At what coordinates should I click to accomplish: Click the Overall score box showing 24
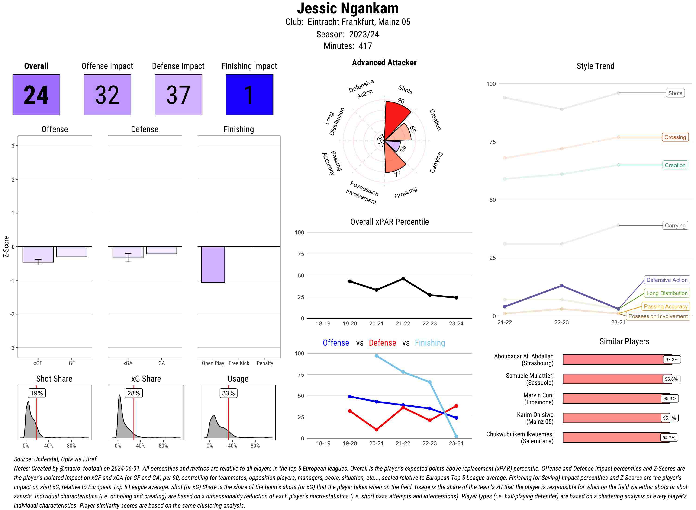coord(36,95)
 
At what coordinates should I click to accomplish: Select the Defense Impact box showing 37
coord(178,95)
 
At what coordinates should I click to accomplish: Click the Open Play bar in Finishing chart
coord(213,264)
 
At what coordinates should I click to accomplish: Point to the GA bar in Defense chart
coord(161,250)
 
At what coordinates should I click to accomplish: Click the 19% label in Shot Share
coord(37,393)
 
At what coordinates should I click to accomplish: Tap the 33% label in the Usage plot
coord(228,393)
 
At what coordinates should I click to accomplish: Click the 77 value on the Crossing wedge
coord(398,174)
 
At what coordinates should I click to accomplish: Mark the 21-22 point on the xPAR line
coord(403,279)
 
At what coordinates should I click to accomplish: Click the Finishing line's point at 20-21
coord(376,356)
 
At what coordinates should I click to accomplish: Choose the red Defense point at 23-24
coord(456,406)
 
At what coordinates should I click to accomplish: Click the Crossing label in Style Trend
coord(675,137)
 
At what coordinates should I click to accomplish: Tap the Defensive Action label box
coord(667,280)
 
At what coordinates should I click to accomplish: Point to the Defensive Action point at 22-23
coord(561,286)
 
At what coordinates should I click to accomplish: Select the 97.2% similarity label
coord(672,359)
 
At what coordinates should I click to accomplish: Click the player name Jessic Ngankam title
coord(348,8)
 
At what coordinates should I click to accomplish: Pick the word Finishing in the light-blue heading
coord(430,343)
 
